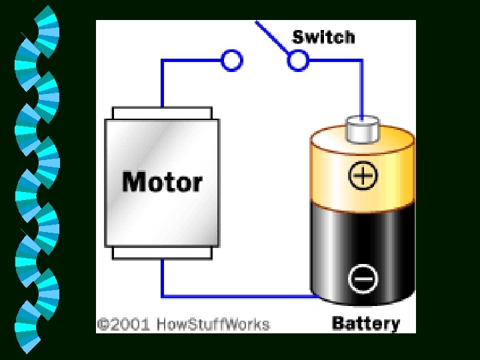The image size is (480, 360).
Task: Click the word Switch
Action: coord(323,36)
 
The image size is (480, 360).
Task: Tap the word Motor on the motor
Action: coord(162,181)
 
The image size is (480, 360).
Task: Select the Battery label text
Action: coord(365,324)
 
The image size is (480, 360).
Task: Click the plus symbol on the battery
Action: coord(363,176)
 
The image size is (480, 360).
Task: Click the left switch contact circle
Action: coord(231,61)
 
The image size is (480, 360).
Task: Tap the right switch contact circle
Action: coord(298,61)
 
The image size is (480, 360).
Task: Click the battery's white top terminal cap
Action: coord(361,129)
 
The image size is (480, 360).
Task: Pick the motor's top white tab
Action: coord(162,113)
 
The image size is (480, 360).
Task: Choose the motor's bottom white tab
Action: coord(162,253)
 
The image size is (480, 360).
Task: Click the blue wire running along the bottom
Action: coord(233,296)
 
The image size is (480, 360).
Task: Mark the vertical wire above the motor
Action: coord(162,83)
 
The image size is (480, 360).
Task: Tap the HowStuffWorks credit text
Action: coord(213,325)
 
